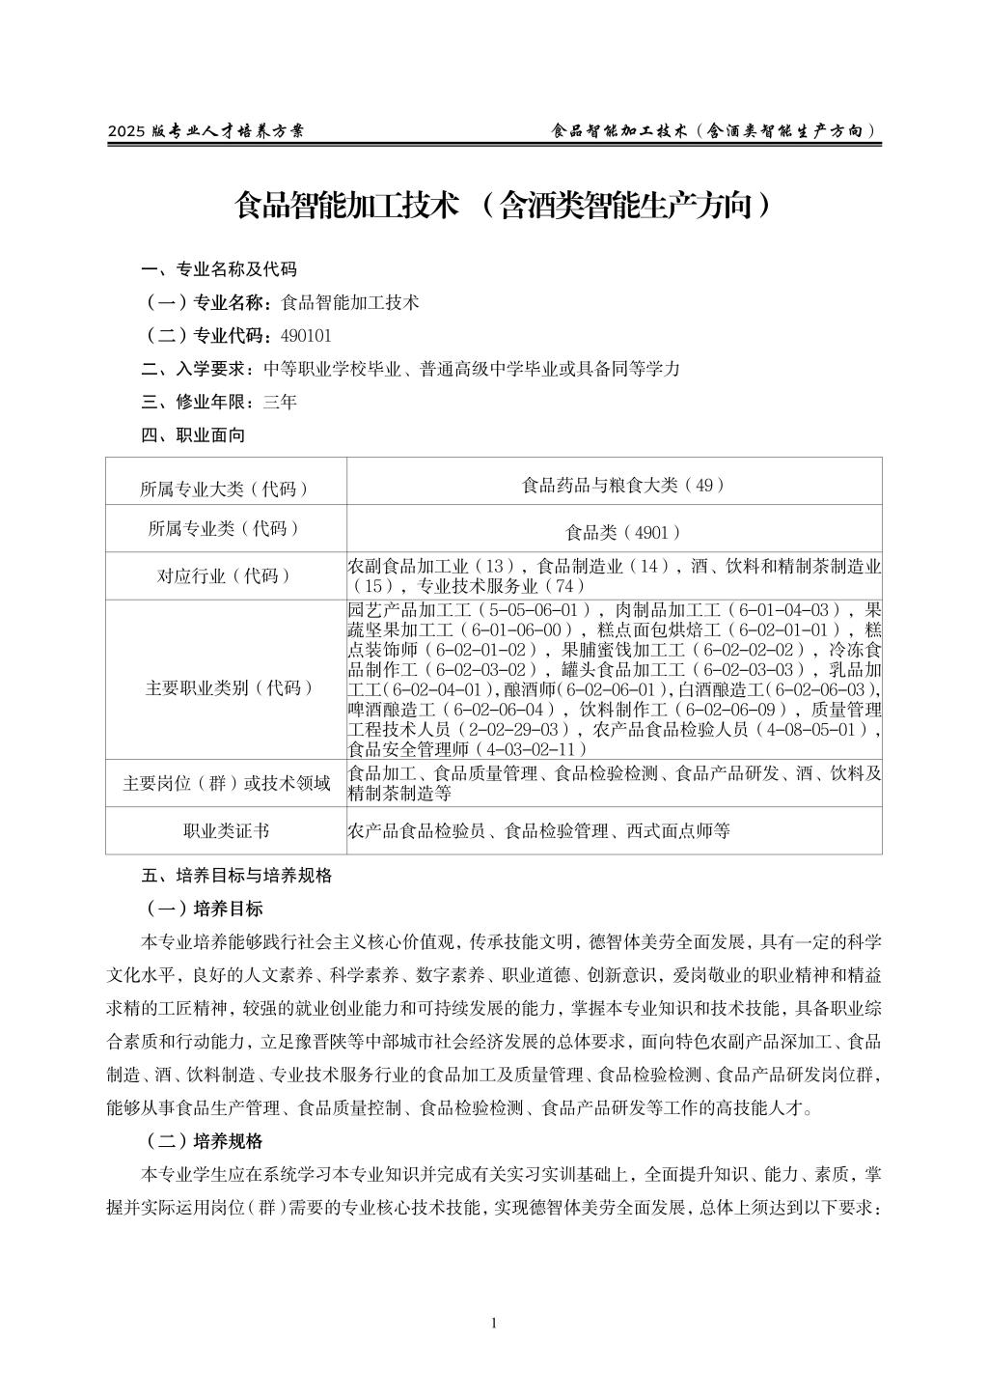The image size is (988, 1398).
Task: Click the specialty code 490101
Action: click(305, 336)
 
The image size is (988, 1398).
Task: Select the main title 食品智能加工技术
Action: click(347, 205)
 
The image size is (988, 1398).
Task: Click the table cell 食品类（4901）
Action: click(623, 532)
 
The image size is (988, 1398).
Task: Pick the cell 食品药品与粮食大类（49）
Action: click(623, 486)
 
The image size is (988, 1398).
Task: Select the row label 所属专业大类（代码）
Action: click(225, 489)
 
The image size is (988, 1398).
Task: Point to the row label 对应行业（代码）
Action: click(225, 576)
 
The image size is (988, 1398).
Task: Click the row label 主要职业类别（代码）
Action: click(225, 688)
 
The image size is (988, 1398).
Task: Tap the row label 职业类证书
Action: click(225, 831)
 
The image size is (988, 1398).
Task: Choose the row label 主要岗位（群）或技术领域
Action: click(225, 783)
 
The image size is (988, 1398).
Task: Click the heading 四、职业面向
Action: click(193, 435)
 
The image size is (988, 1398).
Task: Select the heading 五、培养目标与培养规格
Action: click(236, 876)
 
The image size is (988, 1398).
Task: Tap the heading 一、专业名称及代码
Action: click(219, 269)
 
